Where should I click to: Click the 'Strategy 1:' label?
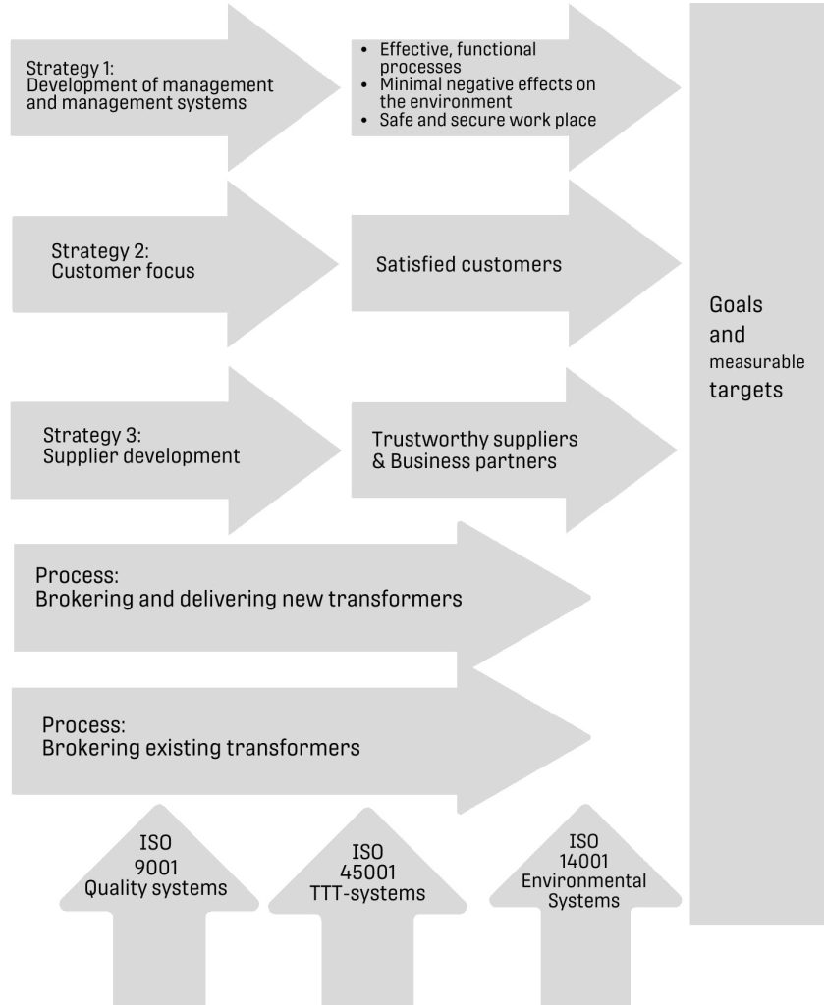[x=70, y=68]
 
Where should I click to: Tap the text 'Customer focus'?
[x=123, y=271]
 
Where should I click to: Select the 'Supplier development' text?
[x=141, y=455]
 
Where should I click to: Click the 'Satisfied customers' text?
[x=468, y=264]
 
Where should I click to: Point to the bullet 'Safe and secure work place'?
[x=488, y=120]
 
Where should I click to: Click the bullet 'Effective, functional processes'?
[x=458, y=57]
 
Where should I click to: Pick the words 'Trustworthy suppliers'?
[x=474, y=438]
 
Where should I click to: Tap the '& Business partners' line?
[x=464, y=459]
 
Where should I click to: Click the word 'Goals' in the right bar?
[x=736, y=304]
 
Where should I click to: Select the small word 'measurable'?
[x=757, y=362]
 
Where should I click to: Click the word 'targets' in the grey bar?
[x=745, y=390]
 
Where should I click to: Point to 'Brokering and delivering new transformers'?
[x=248, y=598]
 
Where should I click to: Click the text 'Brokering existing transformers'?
[x=201, y=748]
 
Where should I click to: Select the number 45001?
[x=367, y=873]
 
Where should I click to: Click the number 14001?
[x=583, y=861]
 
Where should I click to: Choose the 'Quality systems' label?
[x=155, y=888]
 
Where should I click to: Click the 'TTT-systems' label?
[x=367, y=893]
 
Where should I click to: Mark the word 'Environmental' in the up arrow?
[x=583, y=880]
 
